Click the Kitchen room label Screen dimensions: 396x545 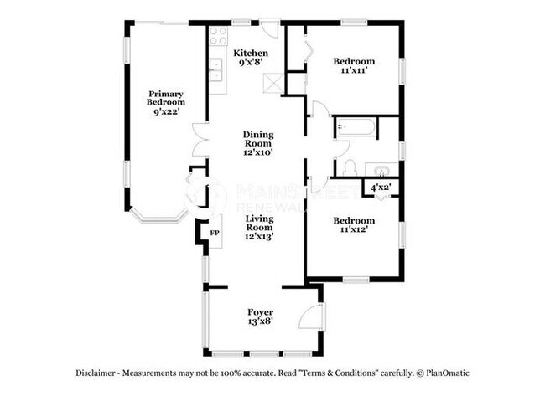250,53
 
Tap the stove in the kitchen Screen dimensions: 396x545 218,36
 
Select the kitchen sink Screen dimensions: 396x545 216,70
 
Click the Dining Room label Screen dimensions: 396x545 258,139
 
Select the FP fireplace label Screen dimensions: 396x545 215,232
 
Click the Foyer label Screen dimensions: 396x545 260,312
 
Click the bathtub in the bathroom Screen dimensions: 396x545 356,128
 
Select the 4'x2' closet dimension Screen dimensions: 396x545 381,188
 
